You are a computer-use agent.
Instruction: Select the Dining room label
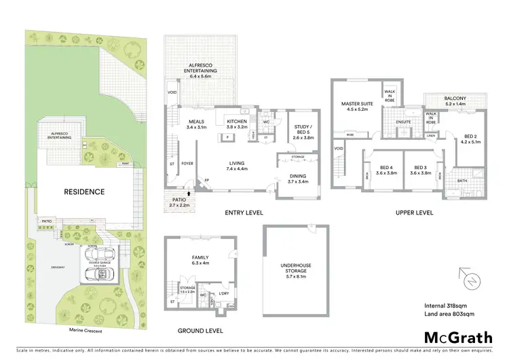click(298, 179)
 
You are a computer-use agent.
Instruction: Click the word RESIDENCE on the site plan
click(85, 192)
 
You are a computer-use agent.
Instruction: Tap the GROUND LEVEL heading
click(200, 331)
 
